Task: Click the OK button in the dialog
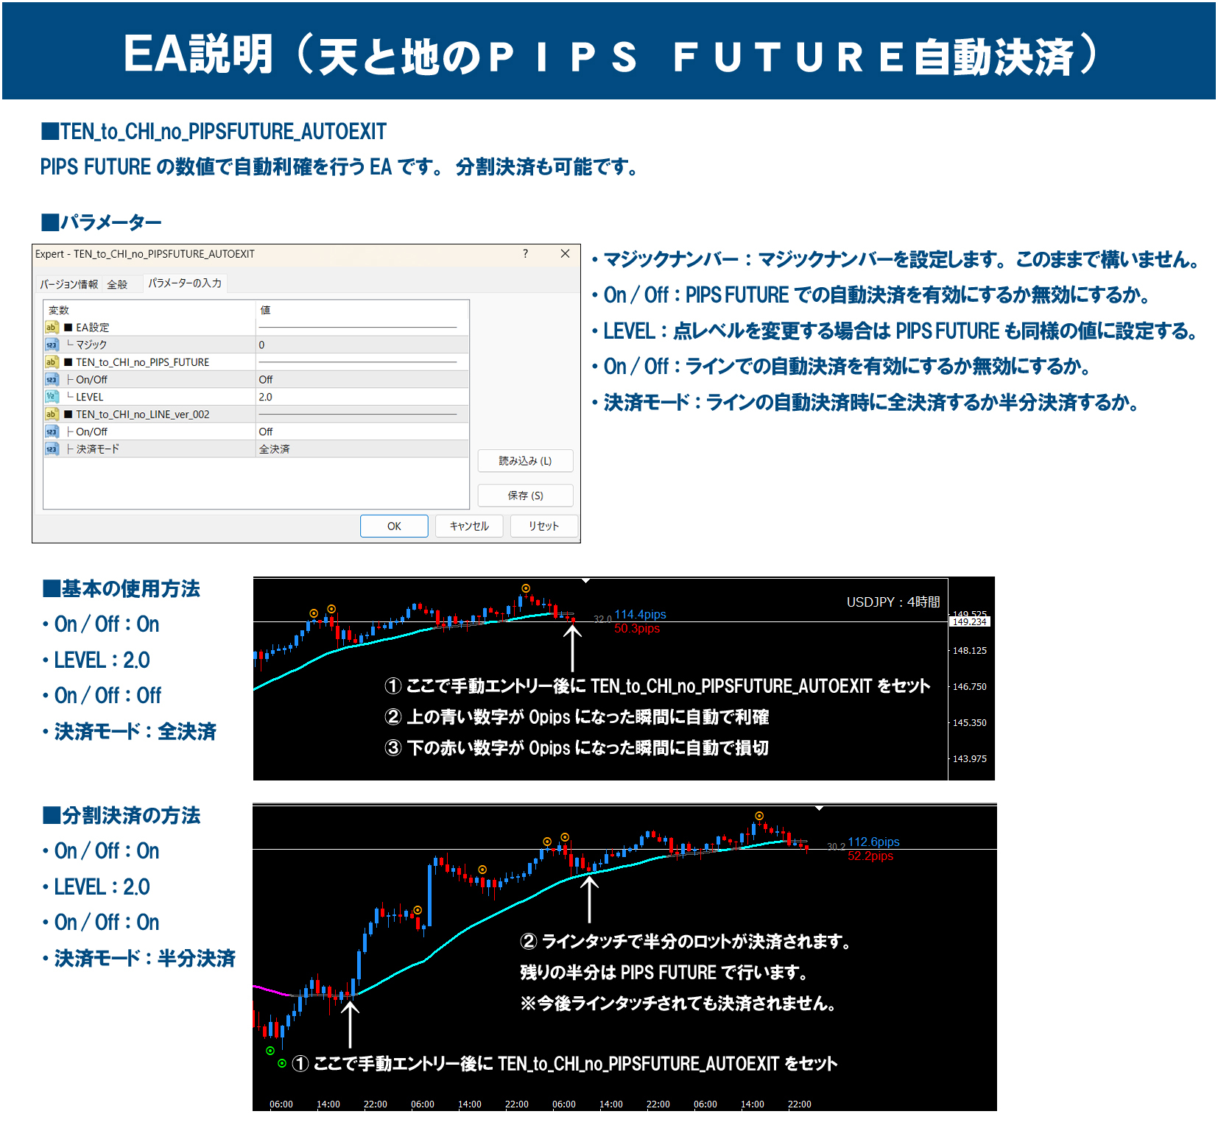(394, 526)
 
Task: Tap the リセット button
(543, 526)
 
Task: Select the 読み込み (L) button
(525, 461)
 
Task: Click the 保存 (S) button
(525, 496)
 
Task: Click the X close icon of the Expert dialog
(565, 254)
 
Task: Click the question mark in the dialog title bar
(525, 254)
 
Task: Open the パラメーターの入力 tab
(185, 283)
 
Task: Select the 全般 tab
(117, 284)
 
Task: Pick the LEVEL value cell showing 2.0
(362, 397)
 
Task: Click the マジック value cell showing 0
(362, 345)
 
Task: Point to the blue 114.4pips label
(640, 614)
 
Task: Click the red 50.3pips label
(637, 628)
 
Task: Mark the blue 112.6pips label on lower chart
(873, 842)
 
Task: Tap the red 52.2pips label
(870, 856)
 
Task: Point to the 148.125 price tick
(969, 651)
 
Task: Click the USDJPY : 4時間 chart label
(893, 602)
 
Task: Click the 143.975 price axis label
(969, 759)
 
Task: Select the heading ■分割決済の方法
(122, 816)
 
